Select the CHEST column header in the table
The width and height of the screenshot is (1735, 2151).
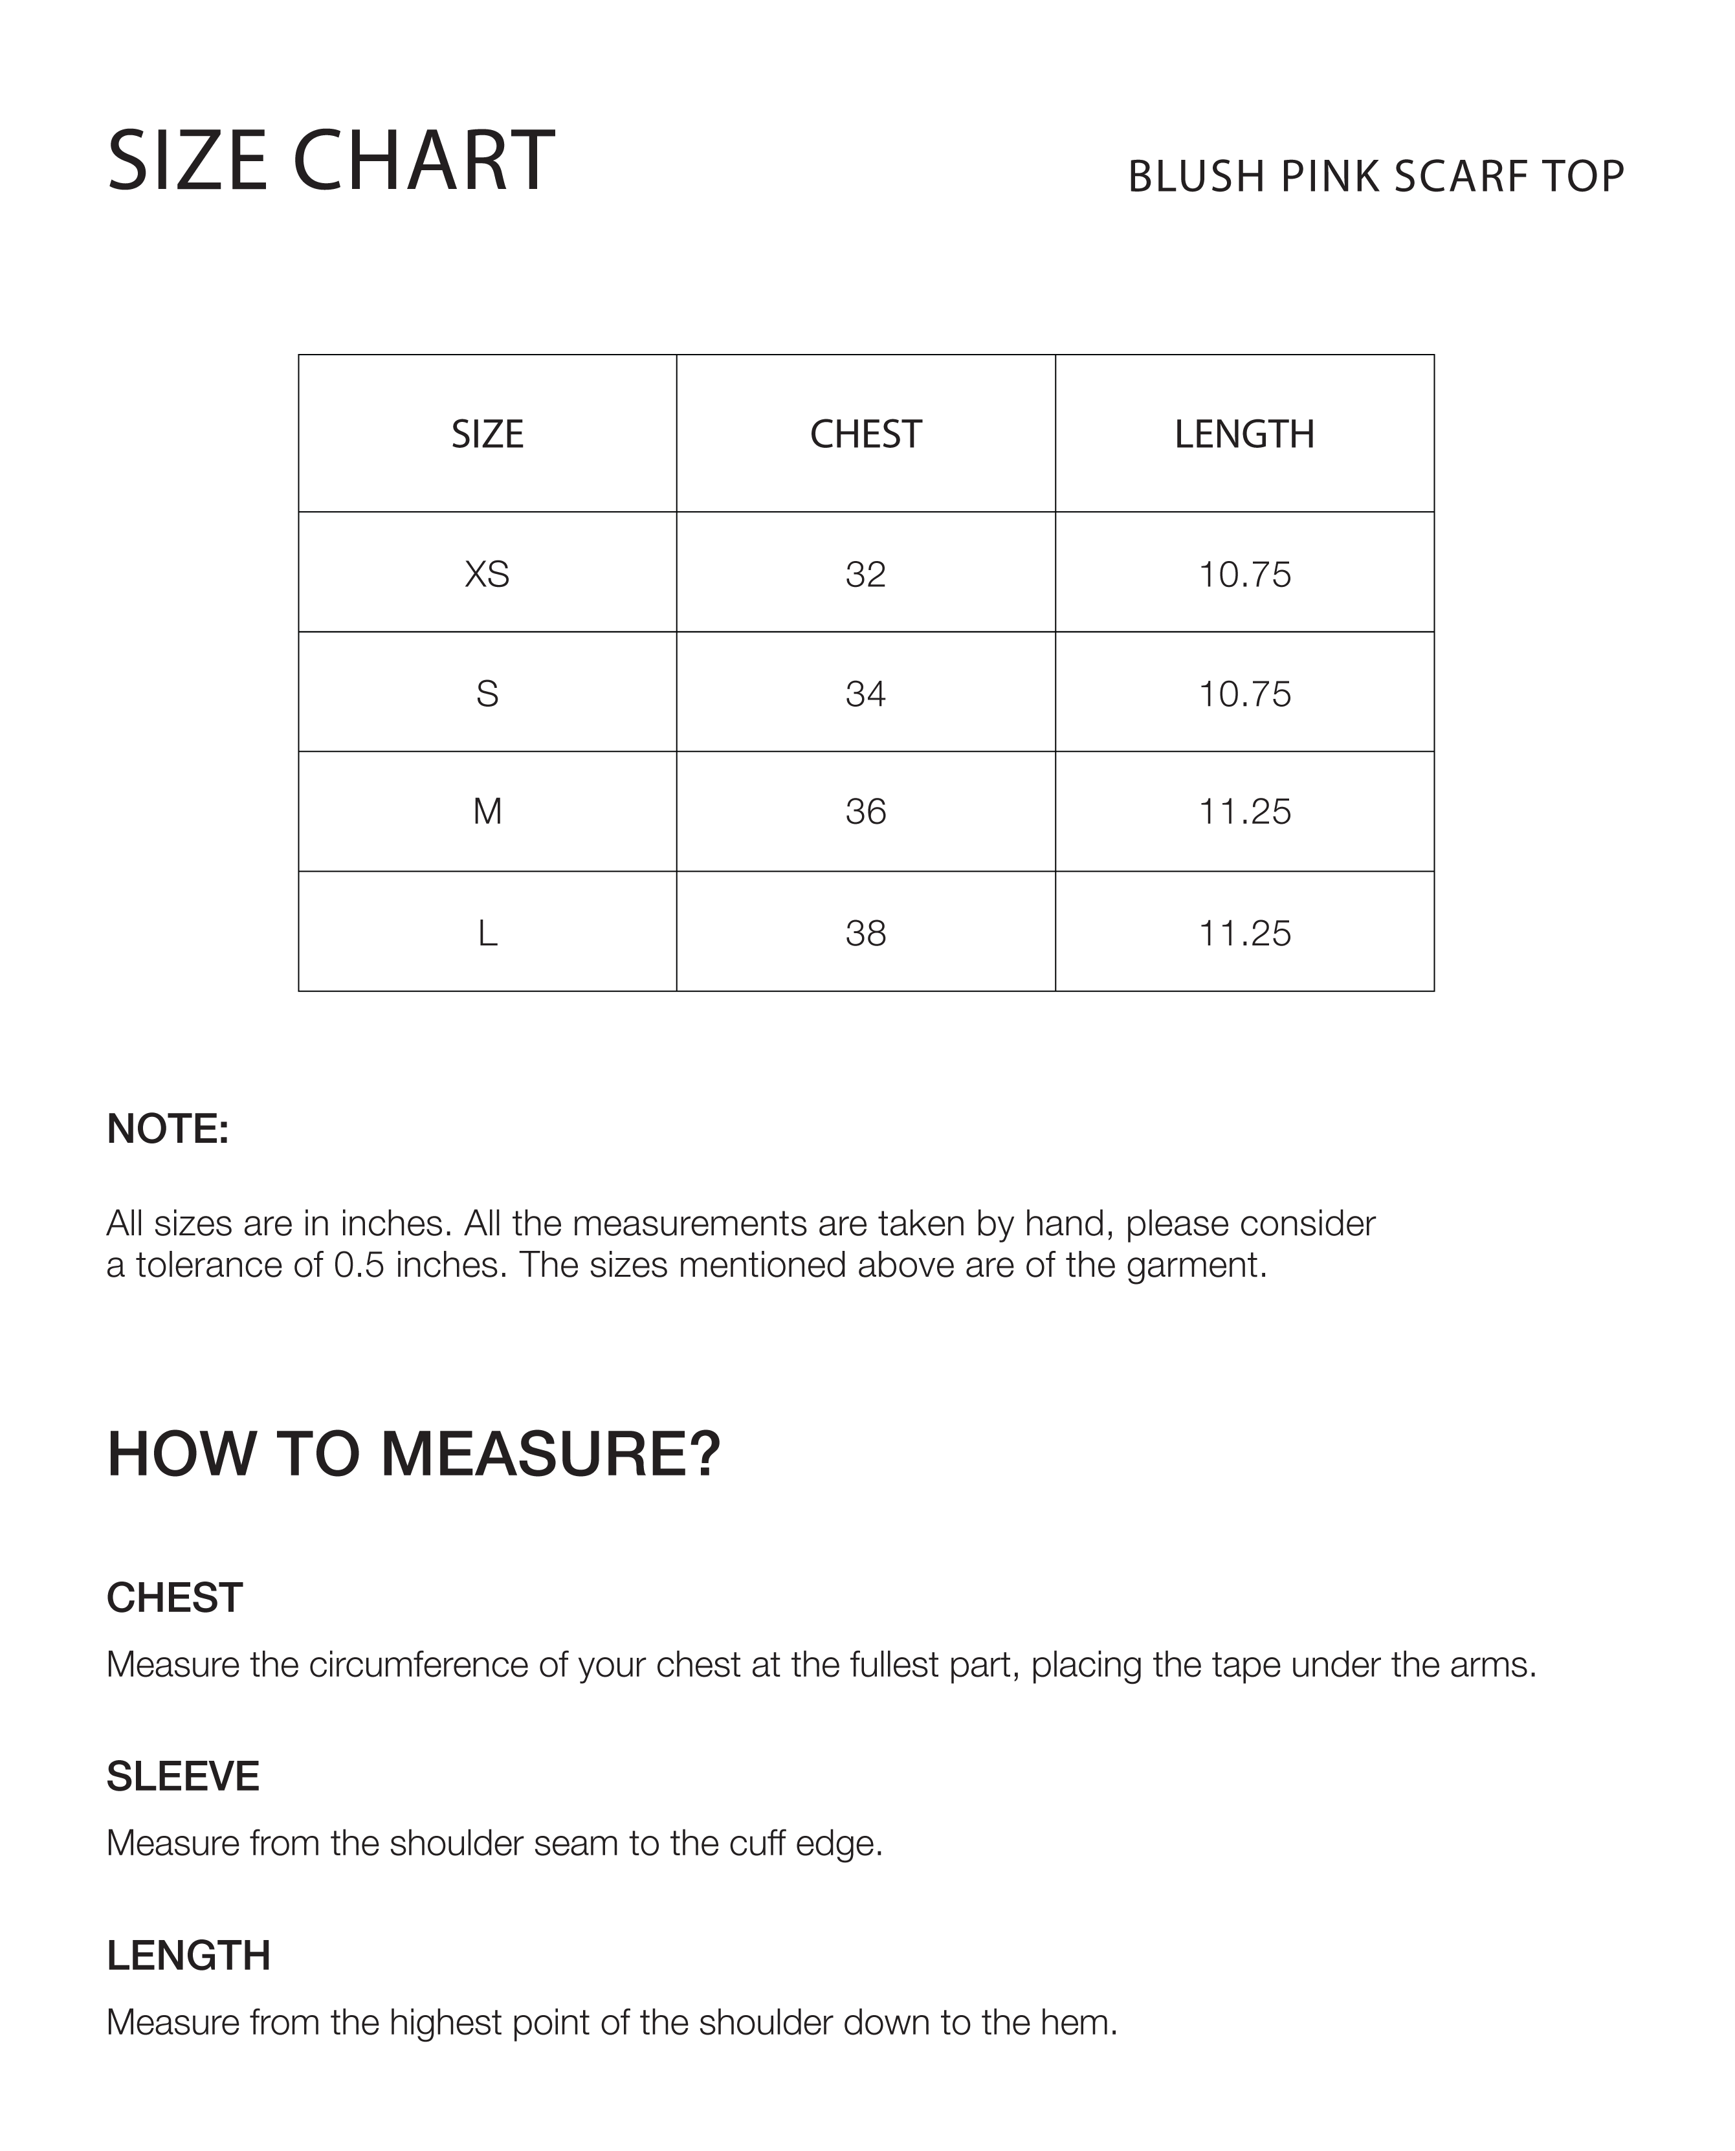pos(865,434)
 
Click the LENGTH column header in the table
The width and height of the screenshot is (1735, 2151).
pos(1244,434)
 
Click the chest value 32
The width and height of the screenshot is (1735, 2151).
pos(865,574)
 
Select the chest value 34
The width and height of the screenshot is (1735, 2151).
pos(865,694)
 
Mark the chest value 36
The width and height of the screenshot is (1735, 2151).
pos(865,811)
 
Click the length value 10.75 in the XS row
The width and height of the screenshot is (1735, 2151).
pos(1244,574)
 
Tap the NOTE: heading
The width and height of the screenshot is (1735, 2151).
pos(168,1129)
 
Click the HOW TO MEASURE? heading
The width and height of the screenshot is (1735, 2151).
pos(414,1453)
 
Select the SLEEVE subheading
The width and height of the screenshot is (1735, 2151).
pos(183,1776)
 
